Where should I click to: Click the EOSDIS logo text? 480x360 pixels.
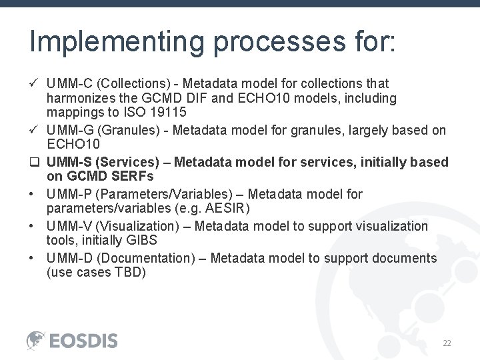83,341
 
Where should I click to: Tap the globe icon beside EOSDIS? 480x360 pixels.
36,340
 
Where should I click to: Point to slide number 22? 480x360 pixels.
447,343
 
